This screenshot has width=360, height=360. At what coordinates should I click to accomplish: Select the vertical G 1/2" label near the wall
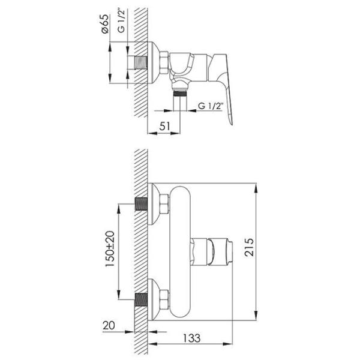click(x=121, y=21)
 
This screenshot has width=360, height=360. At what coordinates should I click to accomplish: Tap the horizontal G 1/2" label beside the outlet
click(x=211, y=106)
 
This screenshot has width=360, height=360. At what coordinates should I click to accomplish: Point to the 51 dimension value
click(x=165, y=126)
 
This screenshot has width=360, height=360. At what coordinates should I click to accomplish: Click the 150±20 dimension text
click(x=110, y=248)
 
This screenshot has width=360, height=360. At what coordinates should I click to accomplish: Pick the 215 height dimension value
click(x=250, y=247)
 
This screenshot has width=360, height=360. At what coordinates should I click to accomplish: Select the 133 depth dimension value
click(x=191, y=338)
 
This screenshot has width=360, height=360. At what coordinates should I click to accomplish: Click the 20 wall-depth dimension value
click(x=109, y=325)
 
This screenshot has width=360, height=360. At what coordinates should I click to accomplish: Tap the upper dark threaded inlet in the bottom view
click(x=141, y=204)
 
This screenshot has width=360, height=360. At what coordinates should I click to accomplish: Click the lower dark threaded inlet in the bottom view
click(x=141, y=299)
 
